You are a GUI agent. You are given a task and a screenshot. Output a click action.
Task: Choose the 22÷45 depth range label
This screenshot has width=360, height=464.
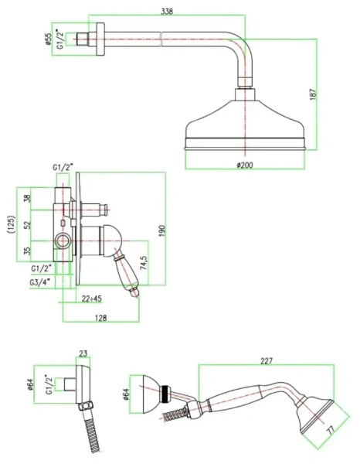[92, 299]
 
